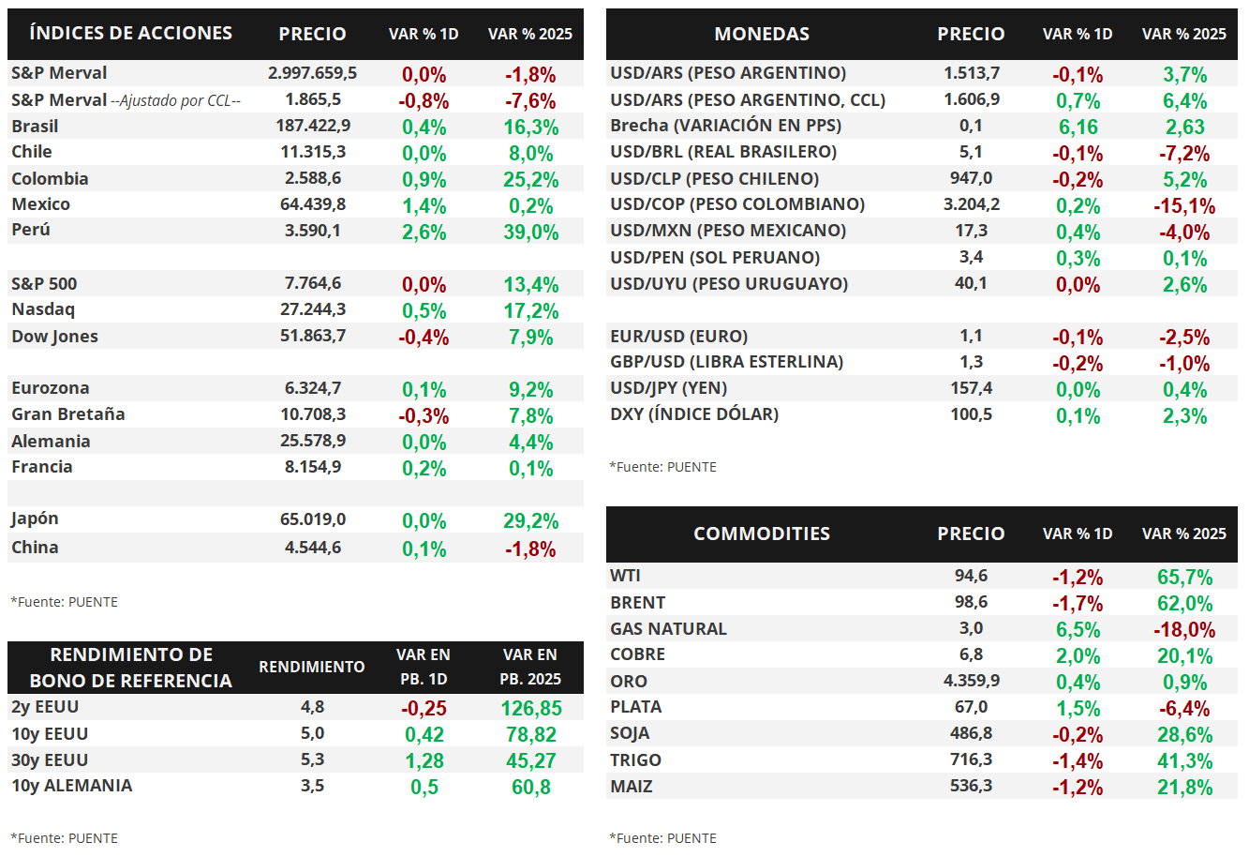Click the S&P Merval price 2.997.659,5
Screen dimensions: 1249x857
tap(312, 73)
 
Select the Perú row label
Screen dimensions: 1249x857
tap(31, 230)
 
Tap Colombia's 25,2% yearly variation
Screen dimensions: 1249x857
tap(531, 180)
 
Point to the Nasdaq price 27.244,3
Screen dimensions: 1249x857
tap(313, 309)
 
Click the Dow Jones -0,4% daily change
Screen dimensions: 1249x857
tap(424, 337)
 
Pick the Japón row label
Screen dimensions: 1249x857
tap(35, 519)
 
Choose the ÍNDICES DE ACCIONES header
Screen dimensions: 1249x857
tap(131, 34)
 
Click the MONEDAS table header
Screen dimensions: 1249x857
tap(762, 34)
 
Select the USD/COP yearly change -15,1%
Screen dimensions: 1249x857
tap(1184, 206)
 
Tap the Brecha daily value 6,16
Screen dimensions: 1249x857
tap(1078, 128)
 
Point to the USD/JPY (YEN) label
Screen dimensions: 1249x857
tap(669, 388)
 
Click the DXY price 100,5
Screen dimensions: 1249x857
tap(972, 414)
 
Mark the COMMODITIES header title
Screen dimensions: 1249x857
tap(762, 534)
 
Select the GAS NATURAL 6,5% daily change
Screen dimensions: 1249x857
tap(1078, 630)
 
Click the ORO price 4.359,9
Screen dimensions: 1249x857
tap(972, 681)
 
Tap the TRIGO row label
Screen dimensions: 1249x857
tap(635, 759)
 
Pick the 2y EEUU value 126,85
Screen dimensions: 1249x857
tap(531, 709)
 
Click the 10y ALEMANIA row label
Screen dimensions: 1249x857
tap(72, 786)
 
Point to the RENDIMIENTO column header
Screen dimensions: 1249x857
tap(312, 667)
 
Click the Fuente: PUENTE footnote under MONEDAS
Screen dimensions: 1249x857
tap(663, 467)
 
